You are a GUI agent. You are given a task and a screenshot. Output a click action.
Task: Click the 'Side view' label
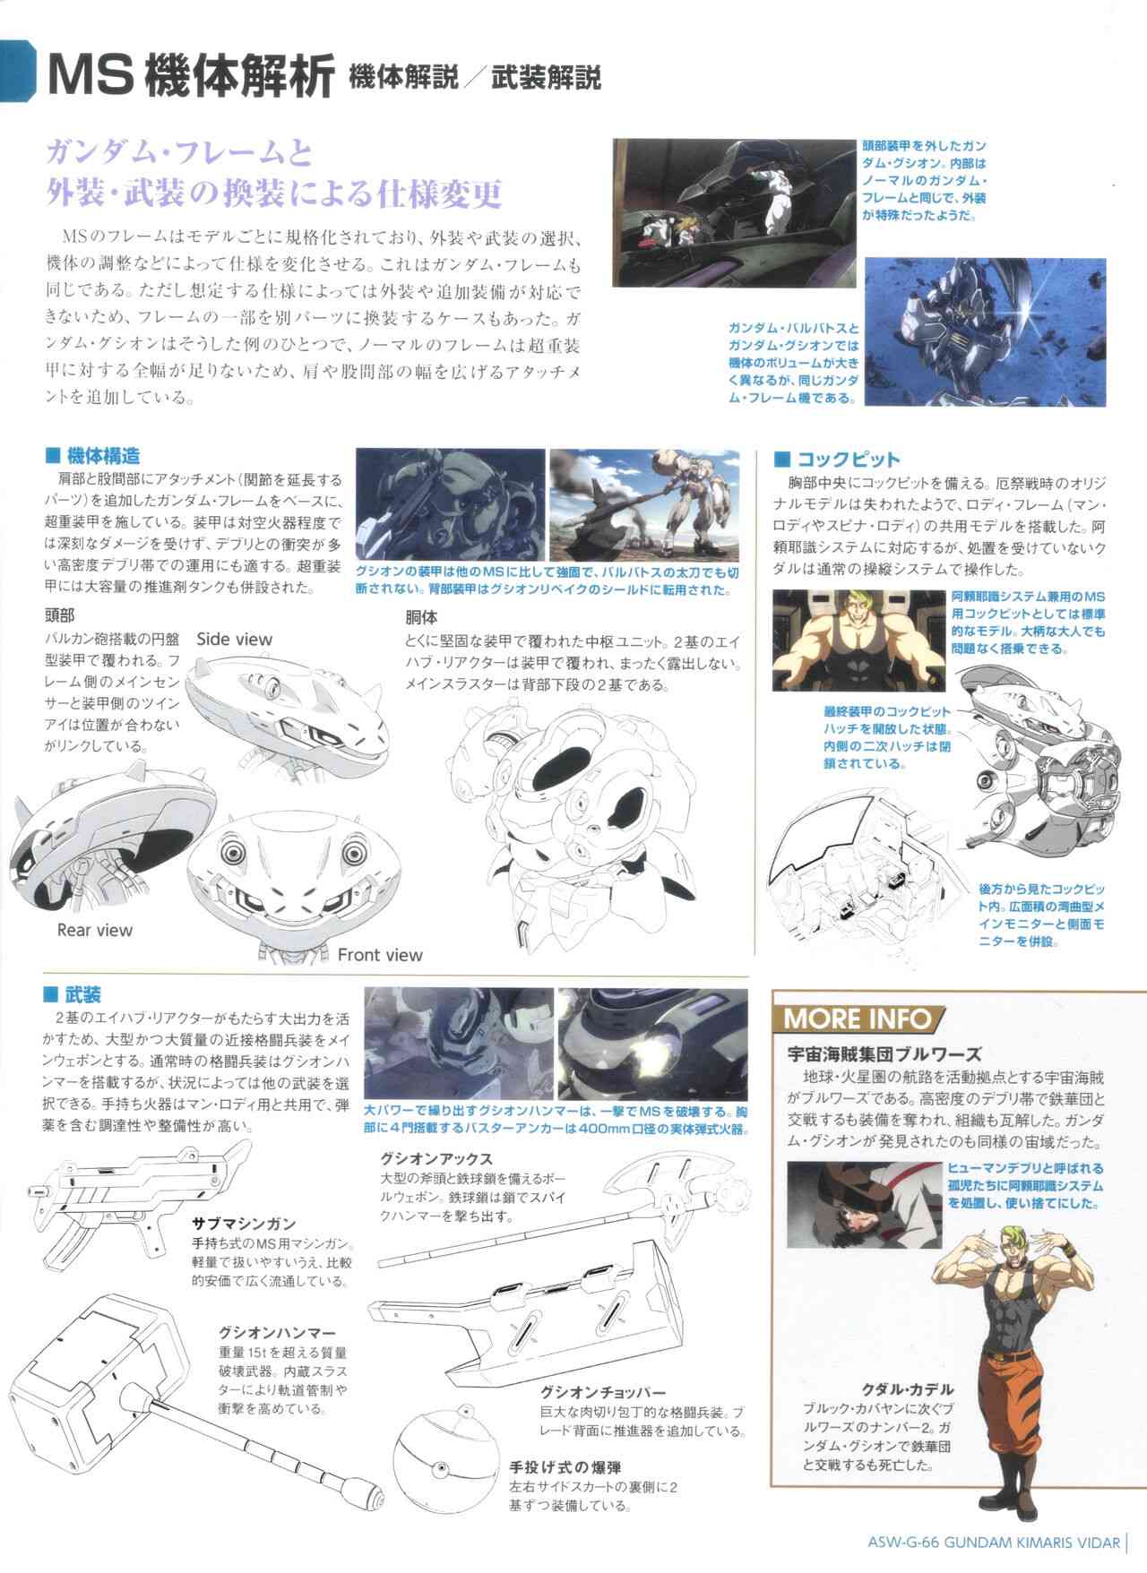tap(234, 639)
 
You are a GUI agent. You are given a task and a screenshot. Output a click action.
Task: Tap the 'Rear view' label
tap(94, 930)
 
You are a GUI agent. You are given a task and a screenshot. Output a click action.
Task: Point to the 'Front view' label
tap(379, 955)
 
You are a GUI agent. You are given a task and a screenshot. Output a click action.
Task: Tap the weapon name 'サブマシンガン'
tap(244, 1224)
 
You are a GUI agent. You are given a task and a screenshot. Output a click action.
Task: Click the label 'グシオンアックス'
tap(436, 1159)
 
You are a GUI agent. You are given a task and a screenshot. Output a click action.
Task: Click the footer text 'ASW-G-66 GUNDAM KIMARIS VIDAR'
tap(995, 1543)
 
